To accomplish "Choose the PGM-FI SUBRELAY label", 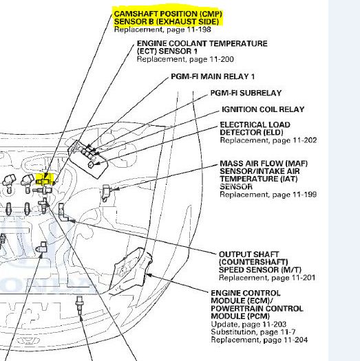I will click(x=246, y=93).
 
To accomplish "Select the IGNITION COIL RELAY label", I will click(x=262, y=109).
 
